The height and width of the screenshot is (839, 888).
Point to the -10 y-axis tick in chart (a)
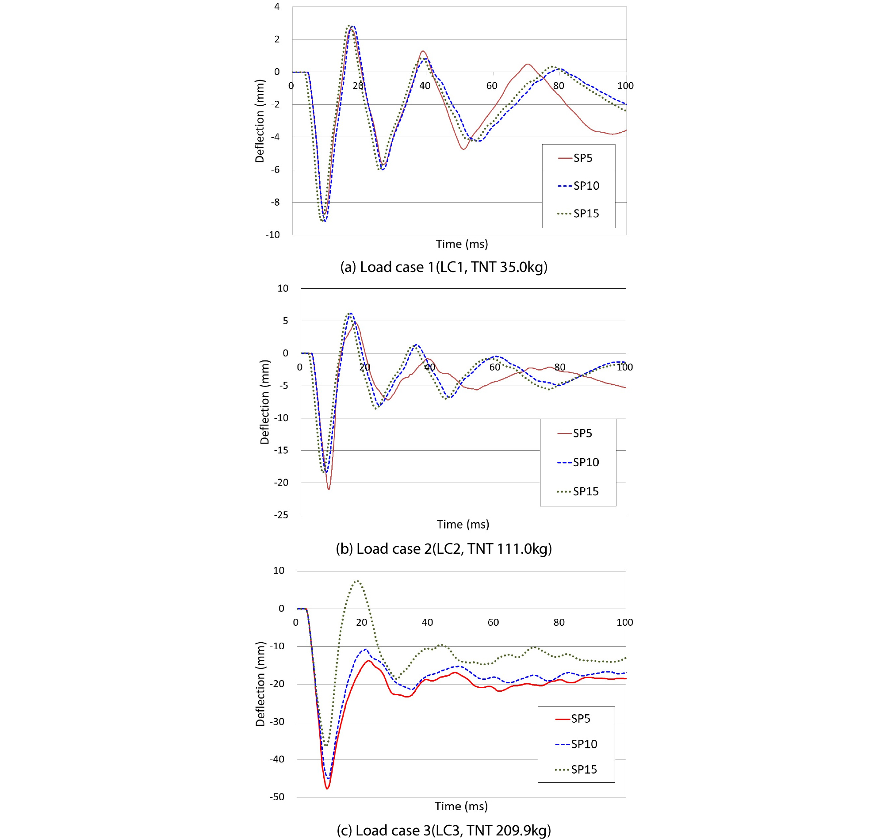[x=273, y=235]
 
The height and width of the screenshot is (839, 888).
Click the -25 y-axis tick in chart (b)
[x=281, y=515]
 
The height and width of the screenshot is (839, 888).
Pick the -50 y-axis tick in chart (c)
[x=277, y=797]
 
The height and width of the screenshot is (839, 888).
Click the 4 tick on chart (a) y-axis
[x=277, y=7]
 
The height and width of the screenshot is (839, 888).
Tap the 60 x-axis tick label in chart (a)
[x=491, y=85]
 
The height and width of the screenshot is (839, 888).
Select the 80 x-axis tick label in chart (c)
[x=559, y=622]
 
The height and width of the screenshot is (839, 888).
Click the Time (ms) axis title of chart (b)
[x=463, y=524]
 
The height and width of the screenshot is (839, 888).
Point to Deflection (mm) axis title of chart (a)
[x=260, y=121]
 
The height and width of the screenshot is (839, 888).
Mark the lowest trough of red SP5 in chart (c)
[x=327, y=789]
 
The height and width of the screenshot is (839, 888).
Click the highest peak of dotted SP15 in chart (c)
[x=358, y=581]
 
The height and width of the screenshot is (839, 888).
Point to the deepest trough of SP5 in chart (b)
[x=329, y=489]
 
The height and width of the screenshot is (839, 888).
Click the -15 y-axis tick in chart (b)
[x=281, y=450]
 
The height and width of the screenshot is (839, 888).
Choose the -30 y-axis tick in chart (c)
[x=277, y=721]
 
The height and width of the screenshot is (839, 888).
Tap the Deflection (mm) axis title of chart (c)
[x=260, y=684]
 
